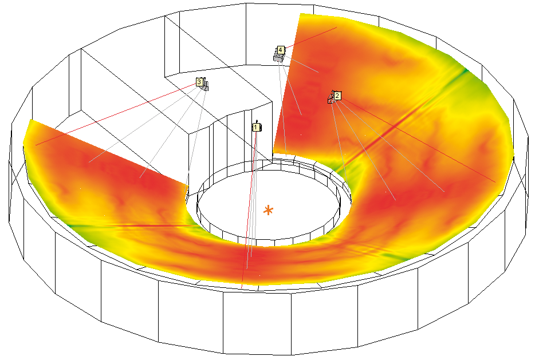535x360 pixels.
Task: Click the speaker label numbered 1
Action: (255, 128)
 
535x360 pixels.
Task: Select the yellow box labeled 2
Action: (337, 96)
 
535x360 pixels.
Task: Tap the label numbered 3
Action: (199, 82)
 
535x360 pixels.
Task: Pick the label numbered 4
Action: (281, 50)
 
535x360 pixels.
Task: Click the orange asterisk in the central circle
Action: (269, 211)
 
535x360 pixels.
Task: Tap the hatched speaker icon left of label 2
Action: (331, 98)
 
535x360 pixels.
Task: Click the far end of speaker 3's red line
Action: (36, 145)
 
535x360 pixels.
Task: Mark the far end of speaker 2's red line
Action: (495, 183)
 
